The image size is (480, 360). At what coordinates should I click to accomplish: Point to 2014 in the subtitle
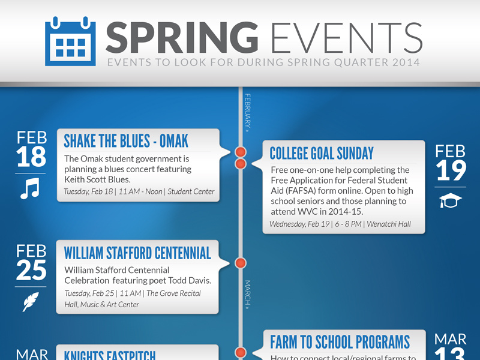(404, 62)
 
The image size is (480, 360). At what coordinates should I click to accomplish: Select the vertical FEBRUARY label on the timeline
(247, 112)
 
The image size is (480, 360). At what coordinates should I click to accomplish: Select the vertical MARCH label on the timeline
(247, 294)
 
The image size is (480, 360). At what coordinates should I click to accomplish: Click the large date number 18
(31, 157)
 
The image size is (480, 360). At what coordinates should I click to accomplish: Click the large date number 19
(451, 170)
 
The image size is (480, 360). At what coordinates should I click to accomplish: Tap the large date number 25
(31, 271)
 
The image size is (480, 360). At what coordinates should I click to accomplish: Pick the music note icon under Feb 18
(29, 190)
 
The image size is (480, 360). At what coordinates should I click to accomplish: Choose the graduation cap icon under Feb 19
(451, 202)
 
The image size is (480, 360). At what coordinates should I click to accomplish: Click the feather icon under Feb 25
(31, 302)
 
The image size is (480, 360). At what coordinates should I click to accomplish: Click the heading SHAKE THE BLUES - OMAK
(126, 141)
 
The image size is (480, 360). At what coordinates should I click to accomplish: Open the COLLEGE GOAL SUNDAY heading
(322, 154)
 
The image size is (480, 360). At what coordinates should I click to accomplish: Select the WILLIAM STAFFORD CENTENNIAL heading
(137, 253)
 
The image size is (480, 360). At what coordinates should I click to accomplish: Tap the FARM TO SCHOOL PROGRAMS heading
(340, 343)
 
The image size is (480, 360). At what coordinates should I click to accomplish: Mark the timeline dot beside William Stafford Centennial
(241, 263)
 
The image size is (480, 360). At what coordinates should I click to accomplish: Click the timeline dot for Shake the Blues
(241, 152)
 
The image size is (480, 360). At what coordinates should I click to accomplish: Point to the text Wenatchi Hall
(389, 224)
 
